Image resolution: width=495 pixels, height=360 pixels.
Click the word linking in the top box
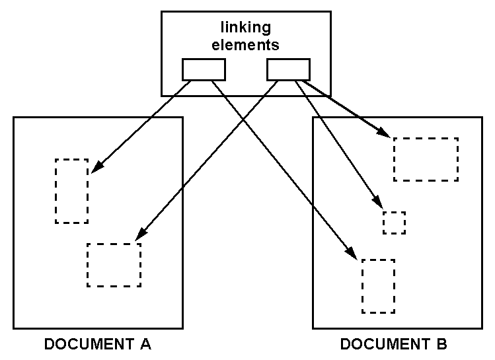[245, 28]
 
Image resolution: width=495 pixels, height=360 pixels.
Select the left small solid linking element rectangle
[204, 69]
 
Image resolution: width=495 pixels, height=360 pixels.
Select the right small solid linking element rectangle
[287, 69]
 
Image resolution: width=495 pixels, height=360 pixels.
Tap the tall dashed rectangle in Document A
[71, 191]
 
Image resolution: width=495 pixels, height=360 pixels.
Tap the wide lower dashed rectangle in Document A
[114, 265]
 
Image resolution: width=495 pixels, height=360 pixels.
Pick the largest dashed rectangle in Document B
[426, 159]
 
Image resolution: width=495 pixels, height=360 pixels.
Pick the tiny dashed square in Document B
[394, 223]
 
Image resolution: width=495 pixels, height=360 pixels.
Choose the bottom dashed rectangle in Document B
[378, 286]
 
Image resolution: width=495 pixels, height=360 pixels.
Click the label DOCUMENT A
[98, 344]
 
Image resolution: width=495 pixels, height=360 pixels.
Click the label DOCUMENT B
[393, 344]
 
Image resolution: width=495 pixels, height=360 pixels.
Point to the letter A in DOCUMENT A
[146, 344]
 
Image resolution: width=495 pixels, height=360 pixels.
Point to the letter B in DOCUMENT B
[441, 344]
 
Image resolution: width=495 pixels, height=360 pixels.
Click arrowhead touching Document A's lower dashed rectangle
[140, 234]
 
